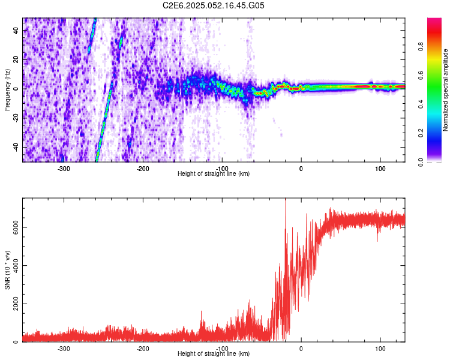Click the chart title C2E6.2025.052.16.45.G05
tap(214, 5)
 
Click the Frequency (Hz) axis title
tap(7, 90)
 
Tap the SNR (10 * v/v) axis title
tap(7, 270)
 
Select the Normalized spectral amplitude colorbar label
tap(445, 90)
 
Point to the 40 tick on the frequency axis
tap(16, 30)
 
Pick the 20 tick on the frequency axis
tap(16, 59)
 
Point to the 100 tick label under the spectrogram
tap(380, 169)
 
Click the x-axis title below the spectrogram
tap(214, 173)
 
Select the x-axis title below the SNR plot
tap(214, 353)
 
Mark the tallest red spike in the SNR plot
tap(286, 200)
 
